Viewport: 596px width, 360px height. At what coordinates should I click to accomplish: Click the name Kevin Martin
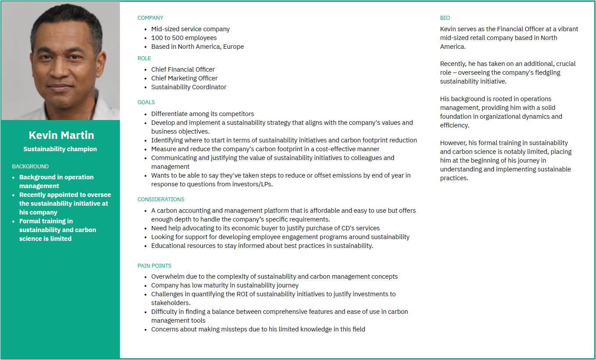61,135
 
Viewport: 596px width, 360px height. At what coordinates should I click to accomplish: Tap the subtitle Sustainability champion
60,149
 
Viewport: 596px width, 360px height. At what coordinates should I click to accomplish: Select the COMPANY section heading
150,18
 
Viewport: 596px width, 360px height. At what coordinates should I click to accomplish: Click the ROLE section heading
144,58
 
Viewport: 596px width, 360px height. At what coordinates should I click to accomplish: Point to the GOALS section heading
146,102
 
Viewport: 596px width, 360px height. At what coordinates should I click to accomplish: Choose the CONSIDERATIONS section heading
161,200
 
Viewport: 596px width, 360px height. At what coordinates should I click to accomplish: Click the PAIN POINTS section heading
154,266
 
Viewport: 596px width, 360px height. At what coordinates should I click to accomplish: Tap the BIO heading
445,18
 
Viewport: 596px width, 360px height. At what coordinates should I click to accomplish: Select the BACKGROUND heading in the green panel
30,167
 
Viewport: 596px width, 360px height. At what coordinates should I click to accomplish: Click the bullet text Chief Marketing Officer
184,78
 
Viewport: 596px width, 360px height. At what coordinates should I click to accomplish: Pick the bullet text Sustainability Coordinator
189,87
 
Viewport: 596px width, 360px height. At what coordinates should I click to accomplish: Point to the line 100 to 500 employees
184,38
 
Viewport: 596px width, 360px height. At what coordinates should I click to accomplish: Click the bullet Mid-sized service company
191,29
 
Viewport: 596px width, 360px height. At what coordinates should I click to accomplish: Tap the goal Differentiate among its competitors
202,114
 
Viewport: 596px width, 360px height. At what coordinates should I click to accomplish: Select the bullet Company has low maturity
225,285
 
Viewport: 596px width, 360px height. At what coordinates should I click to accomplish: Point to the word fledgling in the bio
545,73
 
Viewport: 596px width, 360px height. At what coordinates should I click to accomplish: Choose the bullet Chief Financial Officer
183,69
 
